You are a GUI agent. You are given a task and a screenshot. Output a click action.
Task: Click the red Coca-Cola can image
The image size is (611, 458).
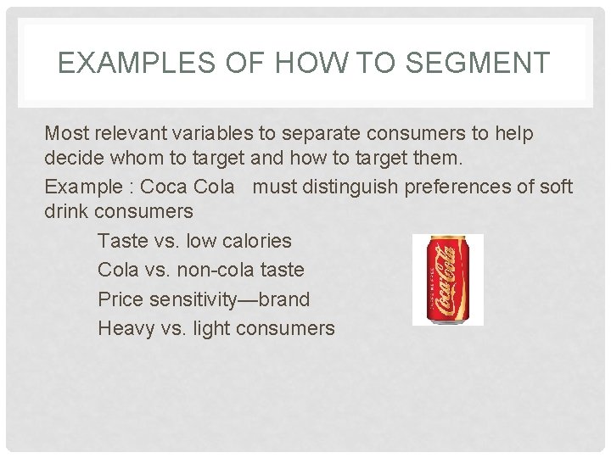(447, 279)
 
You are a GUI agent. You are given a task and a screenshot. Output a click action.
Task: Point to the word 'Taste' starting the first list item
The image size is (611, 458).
(124, 242)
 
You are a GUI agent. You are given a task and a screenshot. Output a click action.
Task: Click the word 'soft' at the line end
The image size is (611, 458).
(555, 187)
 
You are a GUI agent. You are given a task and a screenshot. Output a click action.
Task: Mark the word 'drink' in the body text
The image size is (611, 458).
(67, 211)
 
